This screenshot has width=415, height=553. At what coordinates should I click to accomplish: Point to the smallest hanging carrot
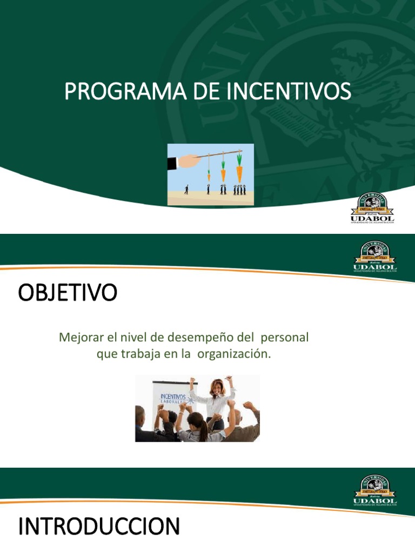(209, 175)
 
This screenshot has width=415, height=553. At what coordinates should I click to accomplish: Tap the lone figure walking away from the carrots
(186, 190)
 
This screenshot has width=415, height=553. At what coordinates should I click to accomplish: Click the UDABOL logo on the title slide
(373, 208)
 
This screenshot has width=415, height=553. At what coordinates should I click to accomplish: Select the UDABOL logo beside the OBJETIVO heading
(375, 257)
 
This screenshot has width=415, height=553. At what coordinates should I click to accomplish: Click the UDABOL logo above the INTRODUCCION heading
(375, 490)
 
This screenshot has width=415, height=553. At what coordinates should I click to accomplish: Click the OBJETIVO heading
(68, 293)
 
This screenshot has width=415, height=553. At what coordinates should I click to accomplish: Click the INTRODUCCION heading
(99, 527)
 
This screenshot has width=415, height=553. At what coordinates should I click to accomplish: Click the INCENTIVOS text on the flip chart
(172, 397)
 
